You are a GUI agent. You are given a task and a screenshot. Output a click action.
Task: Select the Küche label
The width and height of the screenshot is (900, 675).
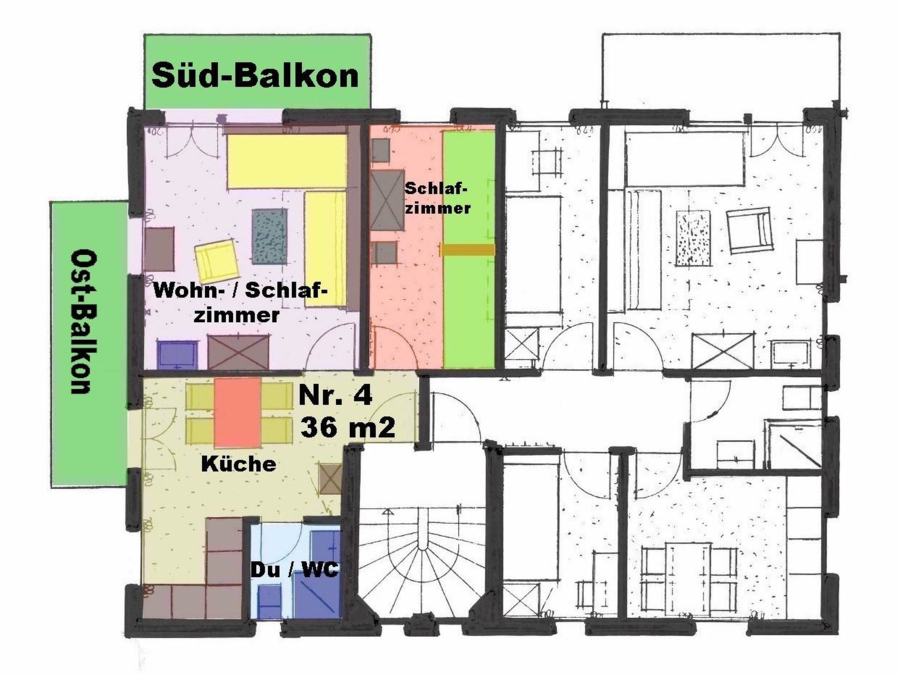239,464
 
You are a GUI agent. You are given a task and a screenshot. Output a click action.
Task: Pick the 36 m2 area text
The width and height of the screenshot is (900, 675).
347,427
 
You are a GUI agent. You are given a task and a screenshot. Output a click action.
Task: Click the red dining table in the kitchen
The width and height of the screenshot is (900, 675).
238,412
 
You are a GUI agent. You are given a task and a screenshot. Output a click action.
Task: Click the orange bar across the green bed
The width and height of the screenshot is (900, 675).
468,250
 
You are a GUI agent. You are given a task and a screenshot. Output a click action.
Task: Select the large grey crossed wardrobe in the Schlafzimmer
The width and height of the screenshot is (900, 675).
387,200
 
